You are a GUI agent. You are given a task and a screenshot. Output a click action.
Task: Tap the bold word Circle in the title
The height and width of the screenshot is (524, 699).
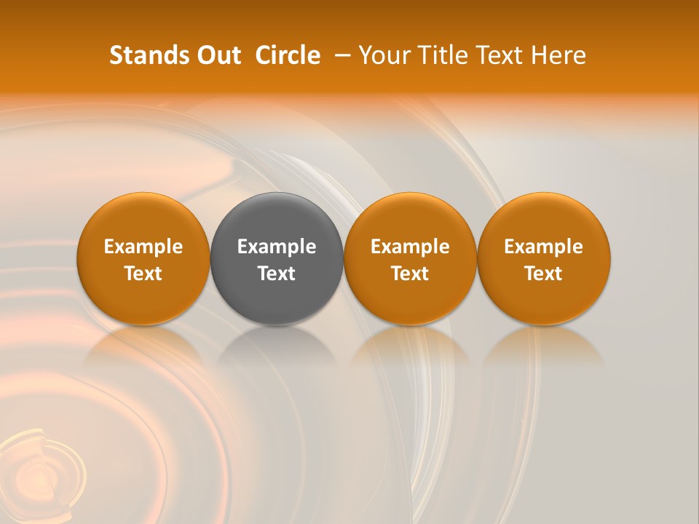pyautogui.click(x=288, y=55)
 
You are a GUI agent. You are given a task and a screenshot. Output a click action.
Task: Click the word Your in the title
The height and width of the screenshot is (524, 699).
pyautogui.click(x=382, y=55)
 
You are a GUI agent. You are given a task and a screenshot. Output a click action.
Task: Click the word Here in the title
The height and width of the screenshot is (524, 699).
pyautogui.click(x=559, y=55)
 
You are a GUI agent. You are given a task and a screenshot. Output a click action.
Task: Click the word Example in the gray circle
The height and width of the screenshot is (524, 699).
pyautogui.click(x=277, y=247)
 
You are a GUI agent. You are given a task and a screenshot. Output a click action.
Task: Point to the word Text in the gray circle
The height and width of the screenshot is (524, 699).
pyautogui.click(x=277, y=274)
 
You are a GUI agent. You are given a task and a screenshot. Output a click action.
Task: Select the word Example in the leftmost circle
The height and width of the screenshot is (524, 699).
pyautogui.click(x=143, y=247)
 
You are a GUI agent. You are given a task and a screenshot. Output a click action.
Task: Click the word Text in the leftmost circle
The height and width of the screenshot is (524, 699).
pyautogui.click(x=143, y=274)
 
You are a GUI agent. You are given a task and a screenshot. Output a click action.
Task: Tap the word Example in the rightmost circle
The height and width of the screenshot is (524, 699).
pyautogui.click(x=544, y=247)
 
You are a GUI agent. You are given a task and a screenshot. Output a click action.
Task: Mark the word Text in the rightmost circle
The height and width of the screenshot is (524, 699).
pyautogui.click(x=544, y=274)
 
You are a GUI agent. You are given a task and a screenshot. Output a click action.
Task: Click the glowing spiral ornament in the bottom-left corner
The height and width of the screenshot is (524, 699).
pyautogui.click(x=40, y=469)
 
